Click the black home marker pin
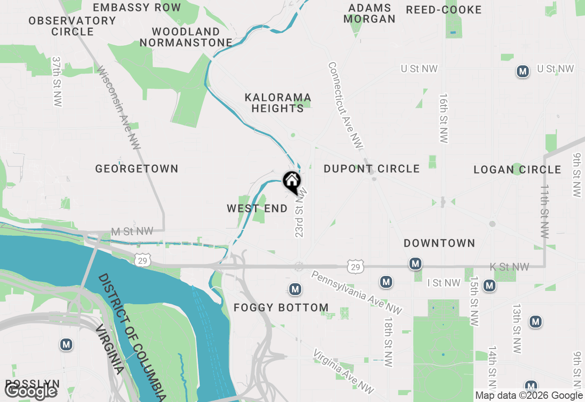292,181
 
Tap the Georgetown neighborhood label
137,169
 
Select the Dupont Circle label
372,169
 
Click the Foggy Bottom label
281,308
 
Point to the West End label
257,209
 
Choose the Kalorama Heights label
278,103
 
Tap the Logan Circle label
517,170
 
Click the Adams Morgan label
369,14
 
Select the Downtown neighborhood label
439,243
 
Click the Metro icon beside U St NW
523,71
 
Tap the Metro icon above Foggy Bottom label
295,289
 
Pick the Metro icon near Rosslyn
66,344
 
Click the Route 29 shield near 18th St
355,267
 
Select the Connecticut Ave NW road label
346,105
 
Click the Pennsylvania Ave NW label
356,292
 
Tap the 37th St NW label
57,82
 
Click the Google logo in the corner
31,391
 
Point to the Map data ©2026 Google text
529,396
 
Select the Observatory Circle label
72,26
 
